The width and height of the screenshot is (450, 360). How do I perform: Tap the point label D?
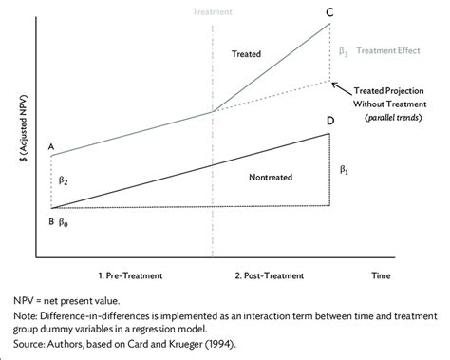click(329, 122)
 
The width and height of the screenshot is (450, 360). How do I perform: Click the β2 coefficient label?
click(63, 180)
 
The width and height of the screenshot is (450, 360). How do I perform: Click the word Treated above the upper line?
click(247, 56)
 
